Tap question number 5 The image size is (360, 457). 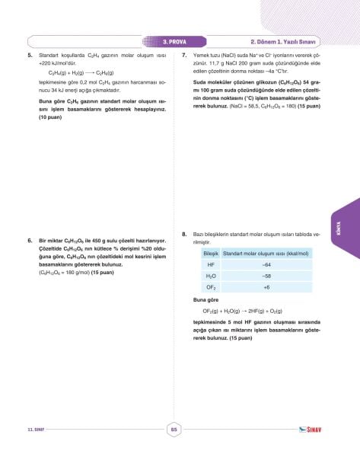tap(30, 56)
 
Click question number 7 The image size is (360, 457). tap(185, 56)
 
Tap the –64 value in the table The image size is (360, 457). tap(266, 264)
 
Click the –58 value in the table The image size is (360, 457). tap(266, 276)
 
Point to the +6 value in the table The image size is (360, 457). tap(266, 288)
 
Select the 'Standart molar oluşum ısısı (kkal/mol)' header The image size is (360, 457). tap(267, 252)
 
